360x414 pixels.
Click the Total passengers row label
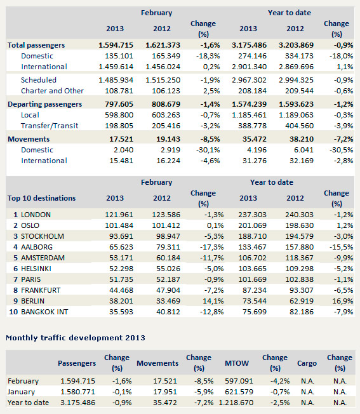point(36,45)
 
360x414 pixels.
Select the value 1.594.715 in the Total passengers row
point(116,45)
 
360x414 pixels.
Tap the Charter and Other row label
point(52,91)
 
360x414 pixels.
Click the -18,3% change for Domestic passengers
point(208,56)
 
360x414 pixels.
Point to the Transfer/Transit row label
point(50,126)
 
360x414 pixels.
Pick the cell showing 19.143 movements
point(168,139)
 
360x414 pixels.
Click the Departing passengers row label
point(45,104)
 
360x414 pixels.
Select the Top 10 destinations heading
point(42,198)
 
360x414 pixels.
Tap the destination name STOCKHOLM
point(43,236)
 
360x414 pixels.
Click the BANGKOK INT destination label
point(44,312)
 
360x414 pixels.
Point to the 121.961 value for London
point(119,215)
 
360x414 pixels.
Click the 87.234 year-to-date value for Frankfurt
point(255,290)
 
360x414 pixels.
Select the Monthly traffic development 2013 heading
point(76,338)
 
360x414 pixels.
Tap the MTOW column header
point(237,363)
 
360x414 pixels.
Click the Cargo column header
point(307,363)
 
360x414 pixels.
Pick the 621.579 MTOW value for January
point(239,392)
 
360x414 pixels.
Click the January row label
point(22,392)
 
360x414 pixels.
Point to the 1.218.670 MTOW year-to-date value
point(236,403)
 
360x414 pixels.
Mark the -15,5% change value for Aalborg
point(341,247)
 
